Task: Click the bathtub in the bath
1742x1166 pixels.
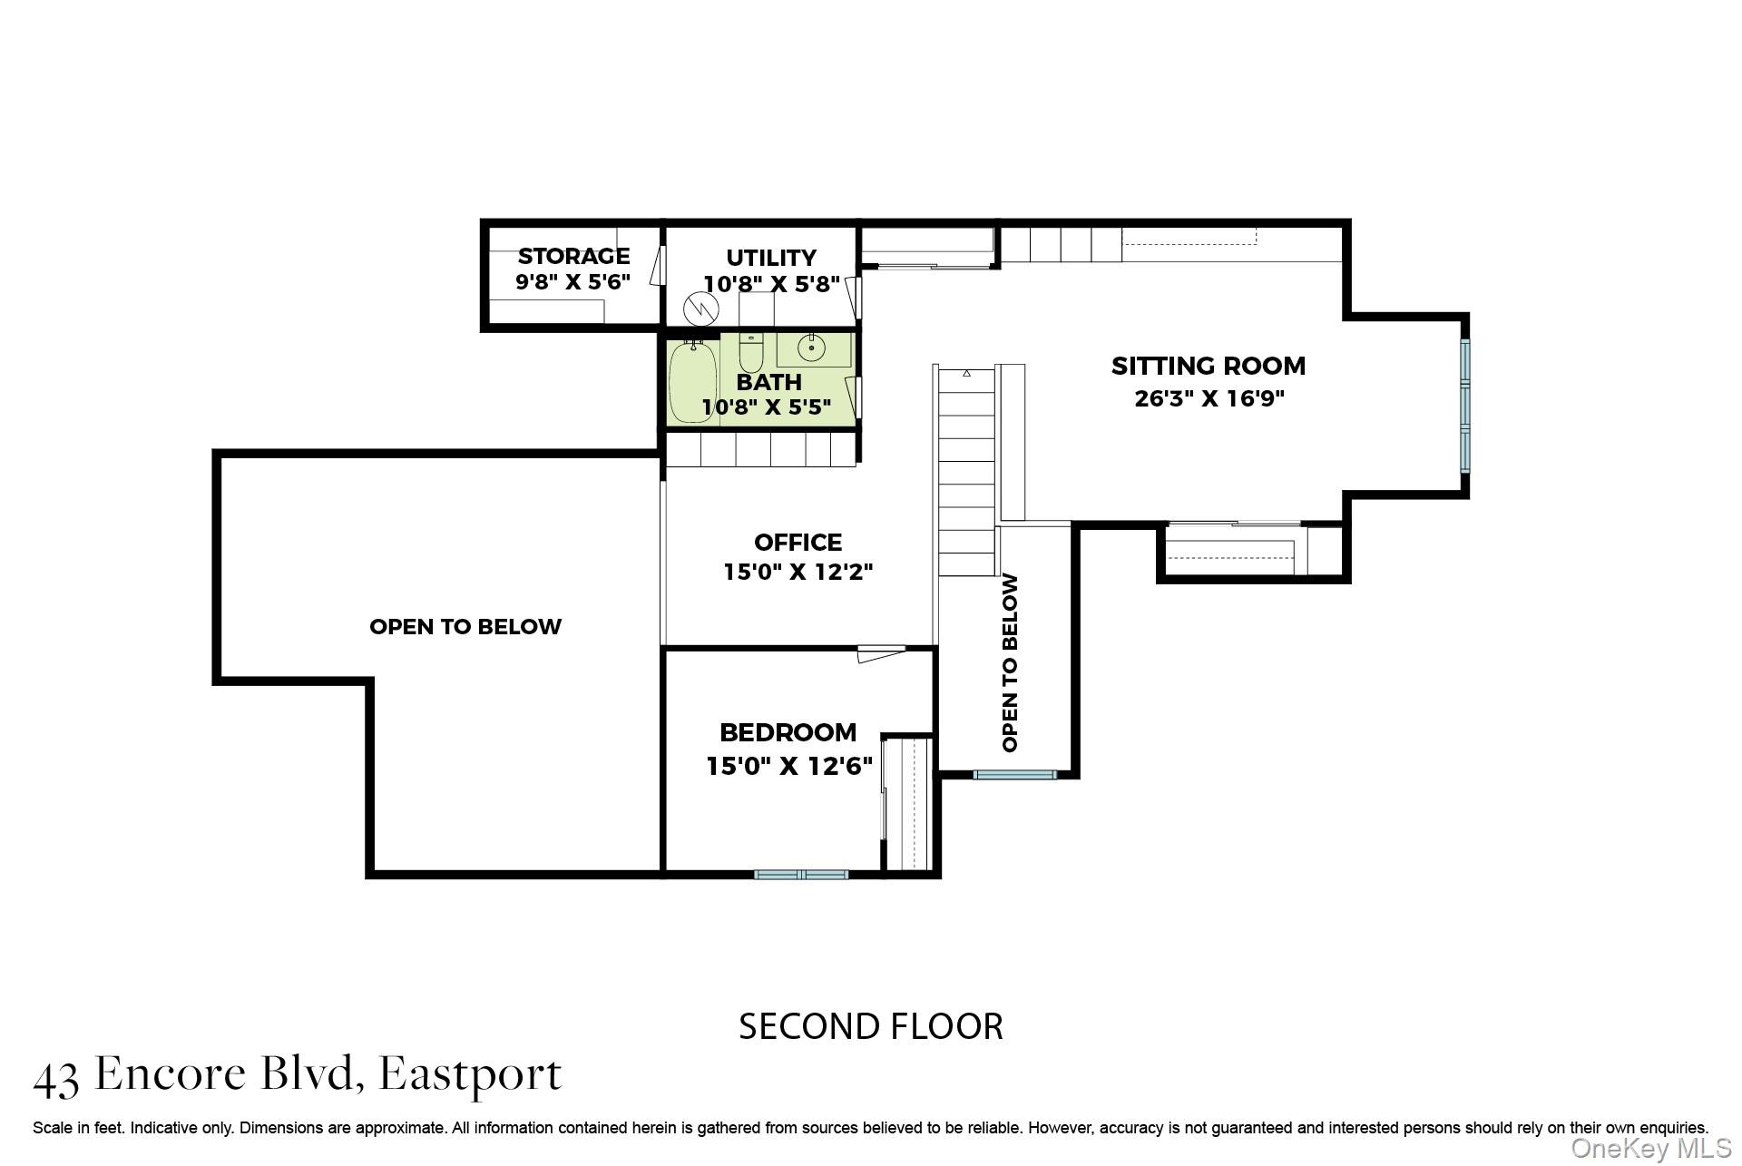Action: [x=693, y=381]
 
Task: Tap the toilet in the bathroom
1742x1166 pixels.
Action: [x=751, y=351]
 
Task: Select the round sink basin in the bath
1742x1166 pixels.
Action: [x=811, y=347]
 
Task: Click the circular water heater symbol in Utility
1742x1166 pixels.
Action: [x=700, y=309]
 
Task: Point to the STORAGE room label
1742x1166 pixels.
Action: [x=573, y=257]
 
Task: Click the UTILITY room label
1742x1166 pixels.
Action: [x=771, y=258]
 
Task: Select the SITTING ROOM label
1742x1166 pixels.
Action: [x=1209, y=366]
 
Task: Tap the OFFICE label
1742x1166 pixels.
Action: [x=798, y=542]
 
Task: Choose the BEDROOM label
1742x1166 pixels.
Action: [x=788, y=732]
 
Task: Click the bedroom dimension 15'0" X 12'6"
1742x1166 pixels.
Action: [x=789, y=766]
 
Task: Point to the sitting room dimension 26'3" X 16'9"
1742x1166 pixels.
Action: [x=1209, y=398]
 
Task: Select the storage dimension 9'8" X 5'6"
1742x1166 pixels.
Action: [x=573, y=281]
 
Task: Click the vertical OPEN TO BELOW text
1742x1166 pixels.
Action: [x=1010, y=662]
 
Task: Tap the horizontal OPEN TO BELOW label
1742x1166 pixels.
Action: [x=465, y=626]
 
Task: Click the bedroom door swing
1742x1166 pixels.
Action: [x=881, y=652]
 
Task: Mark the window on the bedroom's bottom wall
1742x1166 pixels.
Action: [x=801, y=875]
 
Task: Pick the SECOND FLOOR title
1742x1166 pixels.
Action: [x=871, y=1026]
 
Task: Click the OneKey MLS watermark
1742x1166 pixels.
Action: [x=1651, y=1149]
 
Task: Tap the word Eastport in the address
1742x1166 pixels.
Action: [x=470, y=1074]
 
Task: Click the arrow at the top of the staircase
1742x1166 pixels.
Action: [x=966, y=373]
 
